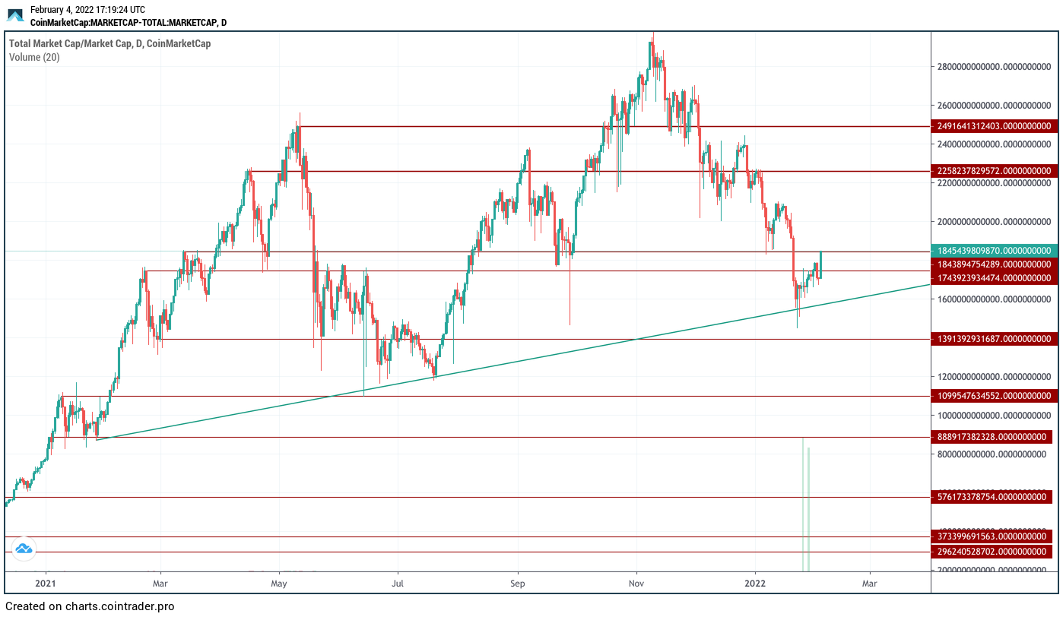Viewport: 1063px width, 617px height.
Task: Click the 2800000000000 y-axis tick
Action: click(997, 67)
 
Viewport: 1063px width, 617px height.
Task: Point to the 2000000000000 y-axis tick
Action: click(997, 222)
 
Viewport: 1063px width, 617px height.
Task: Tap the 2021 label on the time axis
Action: click(46, 584)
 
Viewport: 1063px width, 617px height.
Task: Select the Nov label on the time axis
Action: click(637, 584)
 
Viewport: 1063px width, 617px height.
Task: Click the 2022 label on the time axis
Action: click(755, 584)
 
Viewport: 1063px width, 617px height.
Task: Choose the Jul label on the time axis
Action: click(397, 584)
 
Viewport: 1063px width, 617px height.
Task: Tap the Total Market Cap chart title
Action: click(109, 43)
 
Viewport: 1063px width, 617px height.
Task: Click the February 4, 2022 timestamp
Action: click(87, 10)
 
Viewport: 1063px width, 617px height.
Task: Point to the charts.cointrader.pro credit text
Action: click(90, 606)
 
